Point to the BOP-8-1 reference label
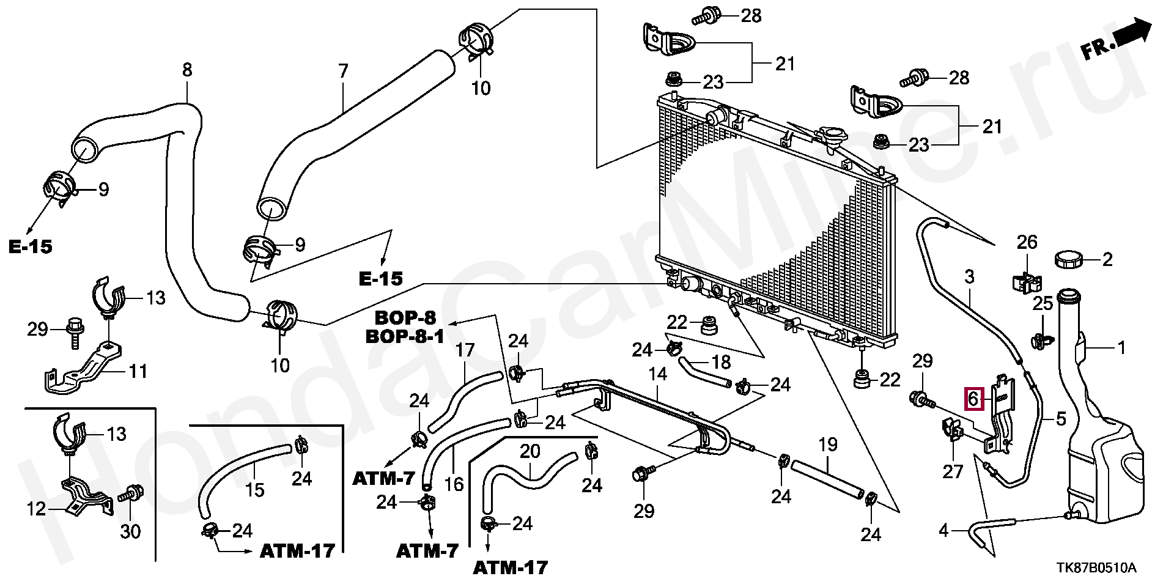coord(405,336)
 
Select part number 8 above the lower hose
coord(187,70)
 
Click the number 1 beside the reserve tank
coord(1121,349)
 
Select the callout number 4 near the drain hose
coord(943,530)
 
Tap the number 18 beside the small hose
coord(722,362)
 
